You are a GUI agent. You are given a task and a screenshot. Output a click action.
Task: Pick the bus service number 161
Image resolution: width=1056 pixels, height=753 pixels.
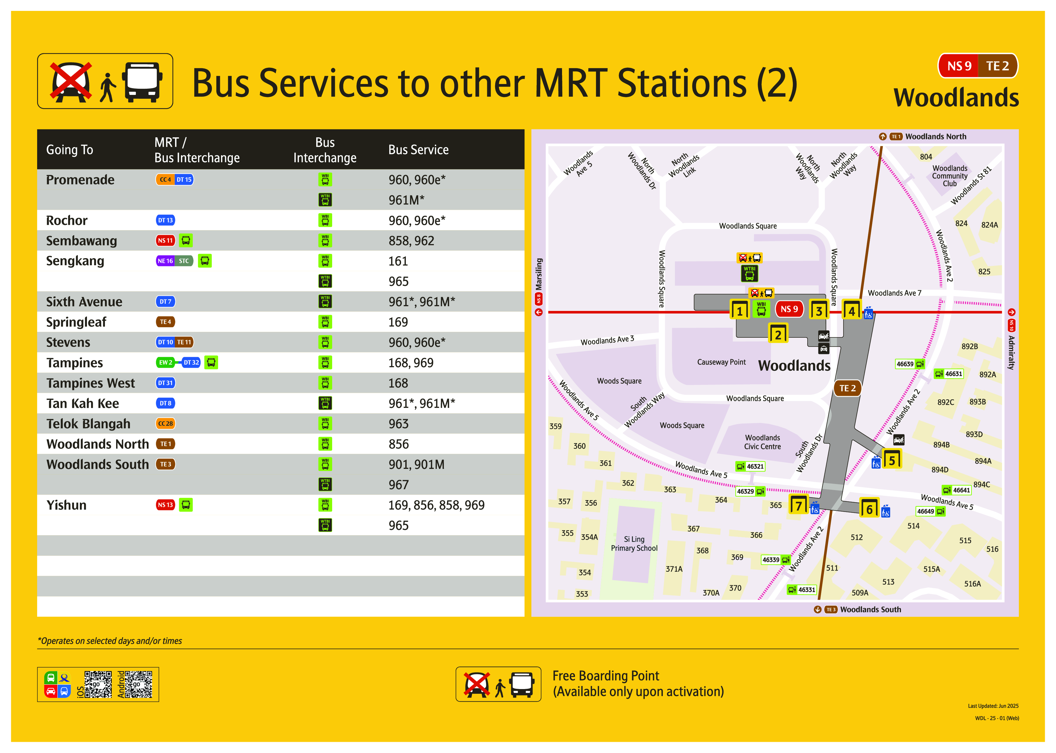pos(398,261)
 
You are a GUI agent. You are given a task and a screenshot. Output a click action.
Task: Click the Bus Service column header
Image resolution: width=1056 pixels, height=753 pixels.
pos(418,150)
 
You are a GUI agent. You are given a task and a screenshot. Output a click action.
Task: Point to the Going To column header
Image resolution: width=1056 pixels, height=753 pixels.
pos(70,150)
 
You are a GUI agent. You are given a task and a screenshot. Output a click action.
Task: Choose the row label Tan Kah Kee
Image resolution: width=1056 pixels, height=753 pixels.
pos(83,403)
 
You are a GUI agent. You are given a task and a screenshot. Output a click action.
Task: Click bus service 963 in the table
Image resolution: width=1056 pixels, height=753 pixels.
pos(398,424)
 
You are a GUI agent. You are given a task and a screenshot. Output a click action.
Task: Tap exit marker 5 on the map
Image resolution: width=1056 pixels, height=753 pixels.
pos(892,459)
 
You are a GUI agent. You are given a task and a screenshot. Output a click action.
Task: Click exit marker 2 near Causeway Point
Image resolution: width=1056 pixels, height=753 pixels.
pos(778,334)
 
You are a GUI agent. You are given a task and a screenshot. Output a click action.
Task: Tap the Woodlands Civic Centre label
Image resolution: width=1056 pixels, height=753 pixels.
pos(762,442)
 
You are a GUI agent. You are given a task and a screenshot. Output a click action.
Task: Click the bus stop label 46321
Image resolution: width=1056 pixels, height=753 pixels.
pos(755,467)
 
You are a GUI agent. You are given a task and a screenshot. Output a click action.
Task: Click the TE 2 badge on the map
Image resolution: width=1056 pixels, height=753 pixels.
pos(847,388)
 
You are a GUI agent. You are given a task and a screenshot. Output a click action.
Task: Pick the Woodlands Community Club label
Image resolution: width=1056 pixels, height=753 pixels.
pos(949,176)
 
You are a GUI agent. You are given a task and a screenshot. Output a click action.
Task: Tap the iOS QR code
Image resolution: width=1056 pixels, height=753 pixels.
pos(98,684)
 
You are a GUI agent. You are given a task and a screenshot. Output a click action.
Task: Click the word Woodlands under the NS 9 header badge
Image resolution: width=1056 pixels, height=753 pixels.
pos(956,98)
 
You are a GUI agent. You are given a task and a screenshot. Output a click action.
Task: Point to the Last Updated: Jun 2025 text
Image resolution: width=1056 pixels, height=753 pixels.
pos(993,706)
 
